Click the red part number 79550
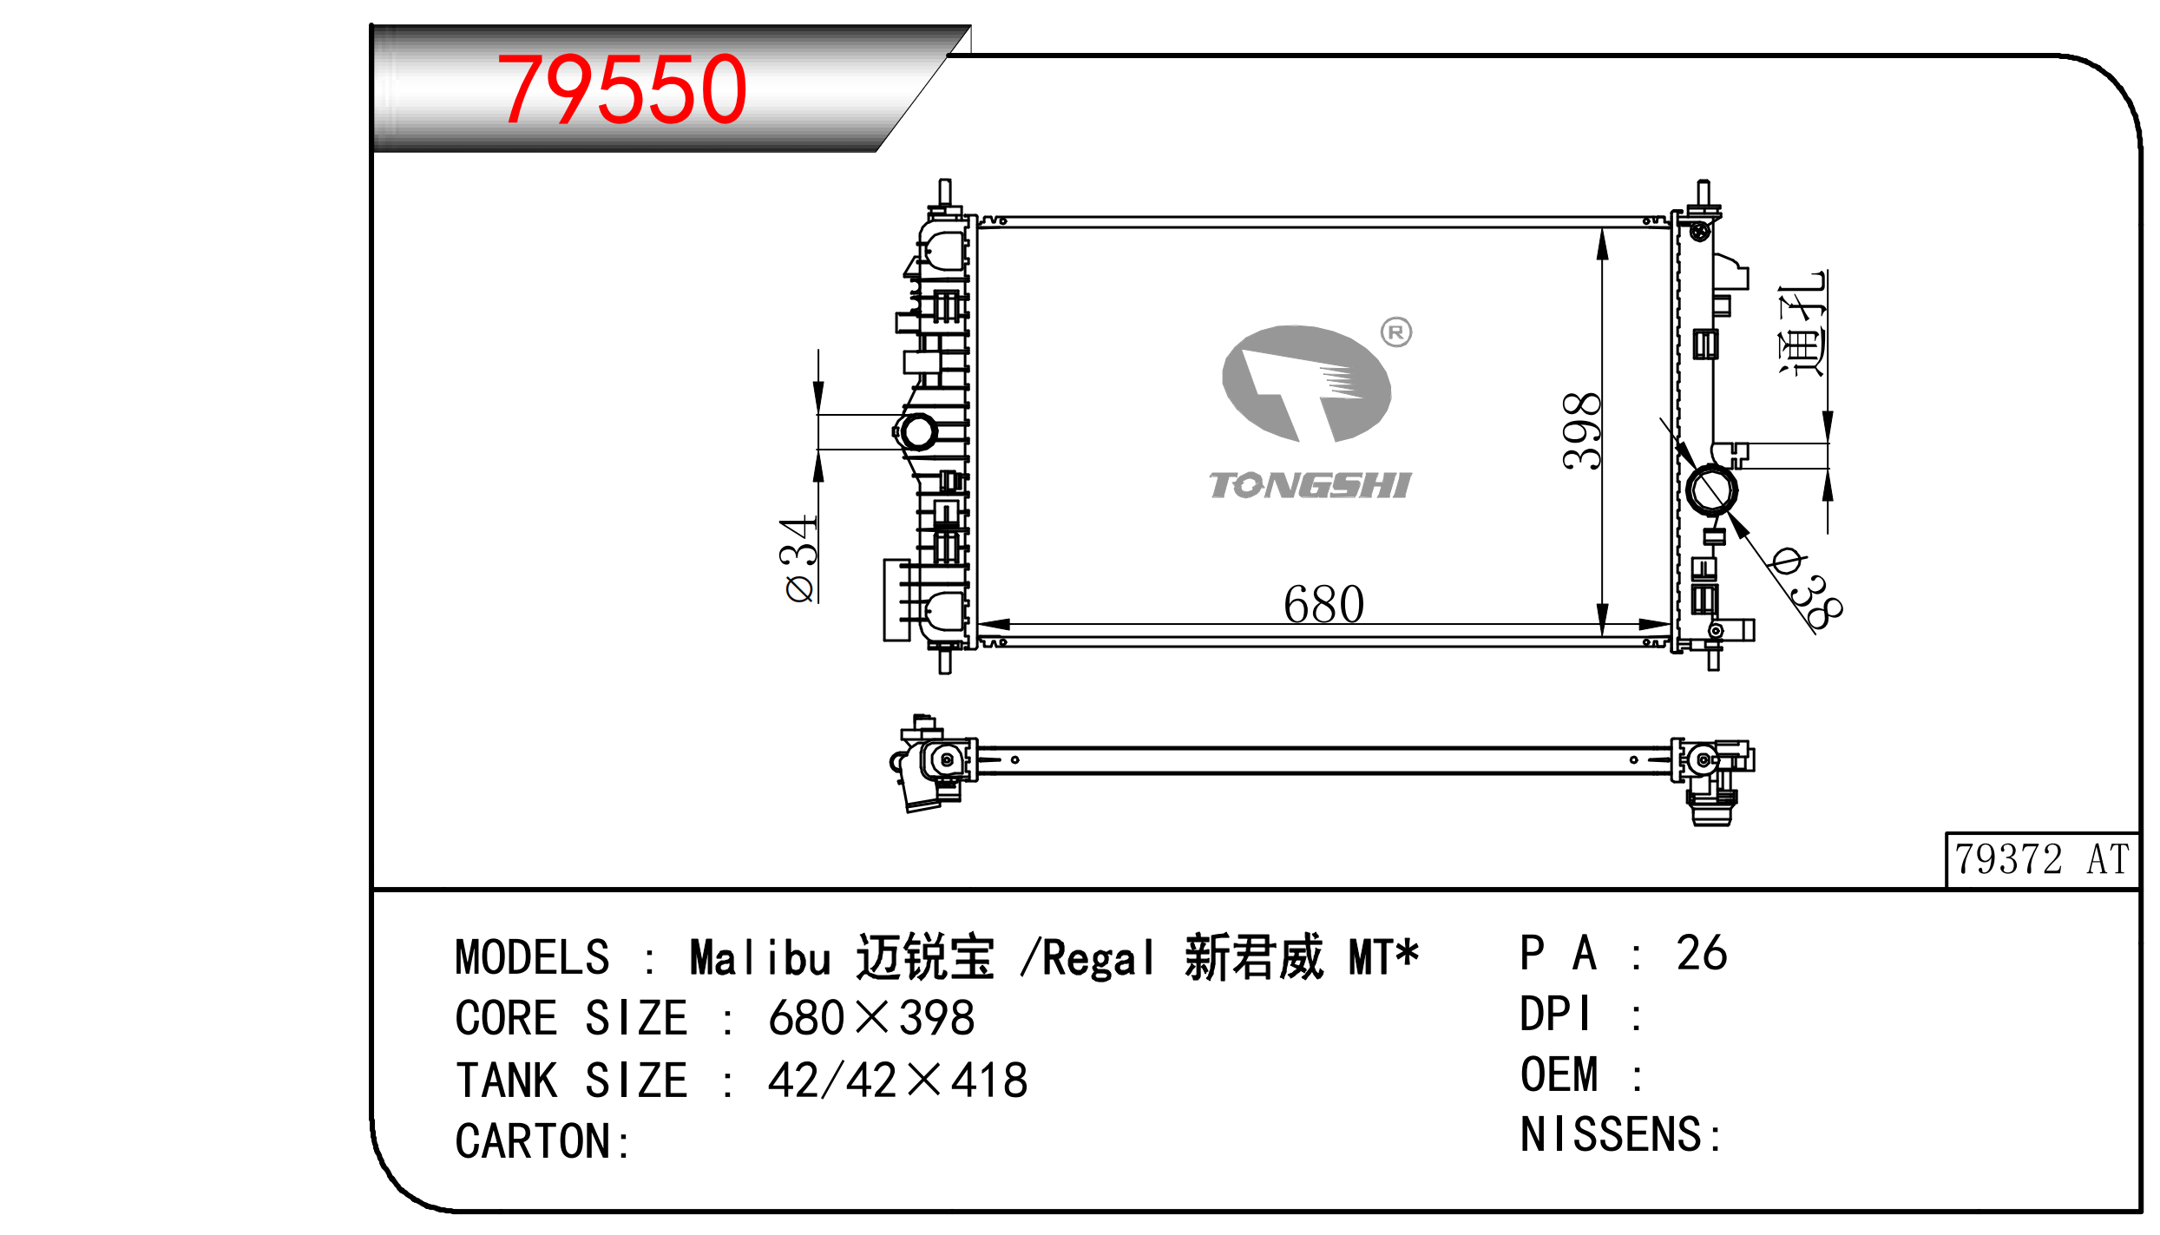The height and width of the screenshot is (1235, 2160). click(x=621, y=89)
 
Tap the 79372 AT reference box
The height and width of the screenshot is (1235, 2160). click(x=2042, y=859)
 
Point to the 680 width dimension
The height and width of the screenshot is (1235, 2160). click(x=1323, y=604)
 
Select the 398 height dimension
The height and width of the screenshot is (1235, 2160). click(x=1580, y=431)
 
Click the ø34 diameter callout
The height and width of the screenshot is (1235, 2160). click(x=799, y=559)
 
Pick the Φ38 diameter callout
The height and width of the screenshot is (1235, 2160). click(x=1804, y=588)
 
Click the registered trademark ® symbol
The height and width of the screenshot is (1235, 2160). click(x=1396, y=332)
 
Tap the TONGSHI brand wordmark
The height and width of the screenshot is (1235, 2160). click(x=1310, y=485)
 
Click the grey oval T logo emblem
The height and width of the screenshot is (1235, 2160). click(x=1306, y=384)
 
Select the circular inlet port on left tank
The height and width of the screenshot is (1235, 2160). click(x=917, y=431)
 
